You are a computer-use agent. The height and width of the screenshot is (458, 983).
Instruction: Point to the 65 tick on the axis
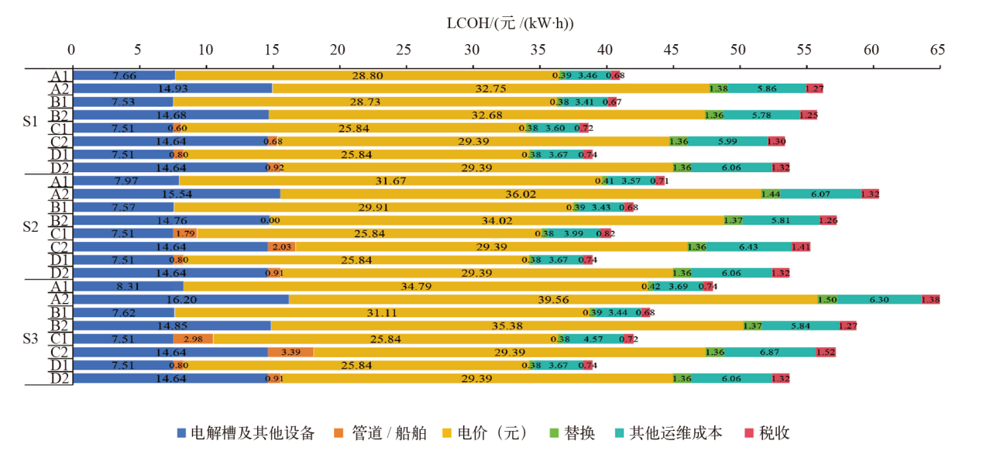click(x=937, y=50)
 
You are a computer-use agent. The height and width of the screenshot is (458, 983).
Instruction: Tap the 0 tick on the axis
click(x=71, y=50)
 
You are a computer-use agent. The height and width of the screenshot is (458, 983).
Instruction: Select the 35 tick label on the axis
click(x=538, y=50)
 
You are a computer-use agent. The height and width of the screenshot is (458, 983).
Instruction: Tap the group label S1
click(x=30, y=122)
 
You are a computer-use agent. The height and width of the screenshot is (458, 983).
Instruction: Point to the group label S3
click(x=30, y=339)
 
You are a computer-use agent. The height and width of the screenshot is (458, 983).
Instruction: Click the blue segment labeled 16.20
click(x=180, y=299)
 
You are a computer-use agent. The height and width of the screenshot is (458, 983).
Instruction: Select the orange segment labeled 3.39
click(x=290, y=352)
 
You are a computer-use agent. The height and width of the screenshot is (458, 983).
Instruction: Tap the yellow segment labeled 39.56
click(x=552, y=299)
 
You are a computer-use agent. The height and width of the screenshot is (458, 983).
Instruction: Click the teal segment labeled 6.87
click(x=770, y=352)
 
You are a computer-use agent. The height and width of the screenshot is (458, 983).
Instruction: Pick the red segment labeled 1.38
click(x=930, y=299)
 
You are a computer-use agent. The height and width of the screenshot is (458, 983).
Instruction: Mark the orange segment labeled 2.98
click(x=193, y=339)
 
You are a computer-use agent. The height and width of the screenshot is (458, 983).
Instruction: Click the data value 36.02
click(x=520, y=195)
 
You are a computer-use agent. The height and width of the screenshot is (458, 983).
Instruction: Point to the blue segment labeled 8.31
click(x=127, y=286)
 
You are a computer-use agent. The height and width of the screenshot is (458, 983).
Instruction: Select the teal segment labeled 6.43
click(x=748, y=246)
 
